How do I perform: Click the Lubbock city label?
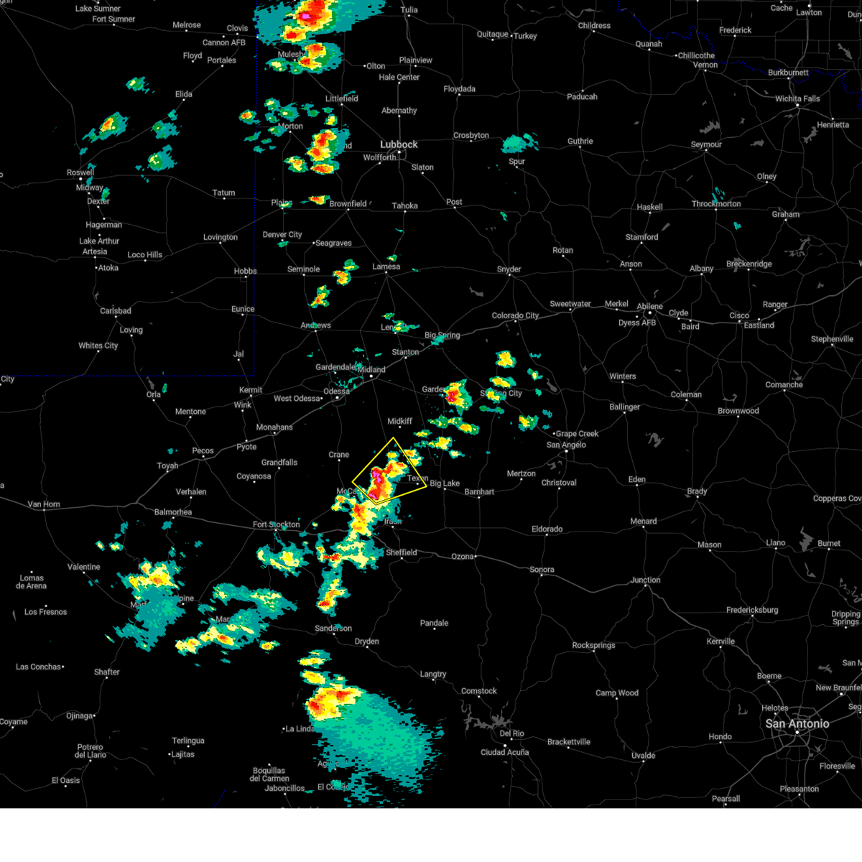[x=399, y=144]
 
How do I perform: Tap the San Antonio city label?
[x=797, y=723]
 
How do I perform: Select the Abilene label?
[x=649, y=306]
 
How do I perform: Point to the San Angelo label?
[x=566, y=445]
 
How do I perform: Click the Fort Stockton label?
[x=276, y=524]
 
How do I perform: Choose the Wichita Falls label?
[x=797, y=98]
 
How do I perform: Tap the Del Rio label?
[x=512, y=733]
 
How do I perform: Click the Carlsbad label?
[x=116, y=311]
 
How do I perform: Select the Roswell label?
[x=80, y=172]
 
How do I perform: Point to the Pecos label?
[x=203, y=450]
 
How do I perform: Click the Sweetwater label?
[x=570, y=304]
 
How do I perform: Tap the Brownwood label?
[x=738, y=411]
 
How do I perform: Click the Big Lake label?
[x=445, y=483]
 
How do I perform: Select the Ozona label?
[x=463, y=556]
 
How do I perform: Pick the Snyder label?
[x=509, y=269]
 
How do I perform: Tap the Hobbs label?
[x=245, y=271]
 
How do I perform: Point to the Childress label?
[x=594, y=26]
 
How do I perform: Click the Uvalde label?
[x=644, y=755]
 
